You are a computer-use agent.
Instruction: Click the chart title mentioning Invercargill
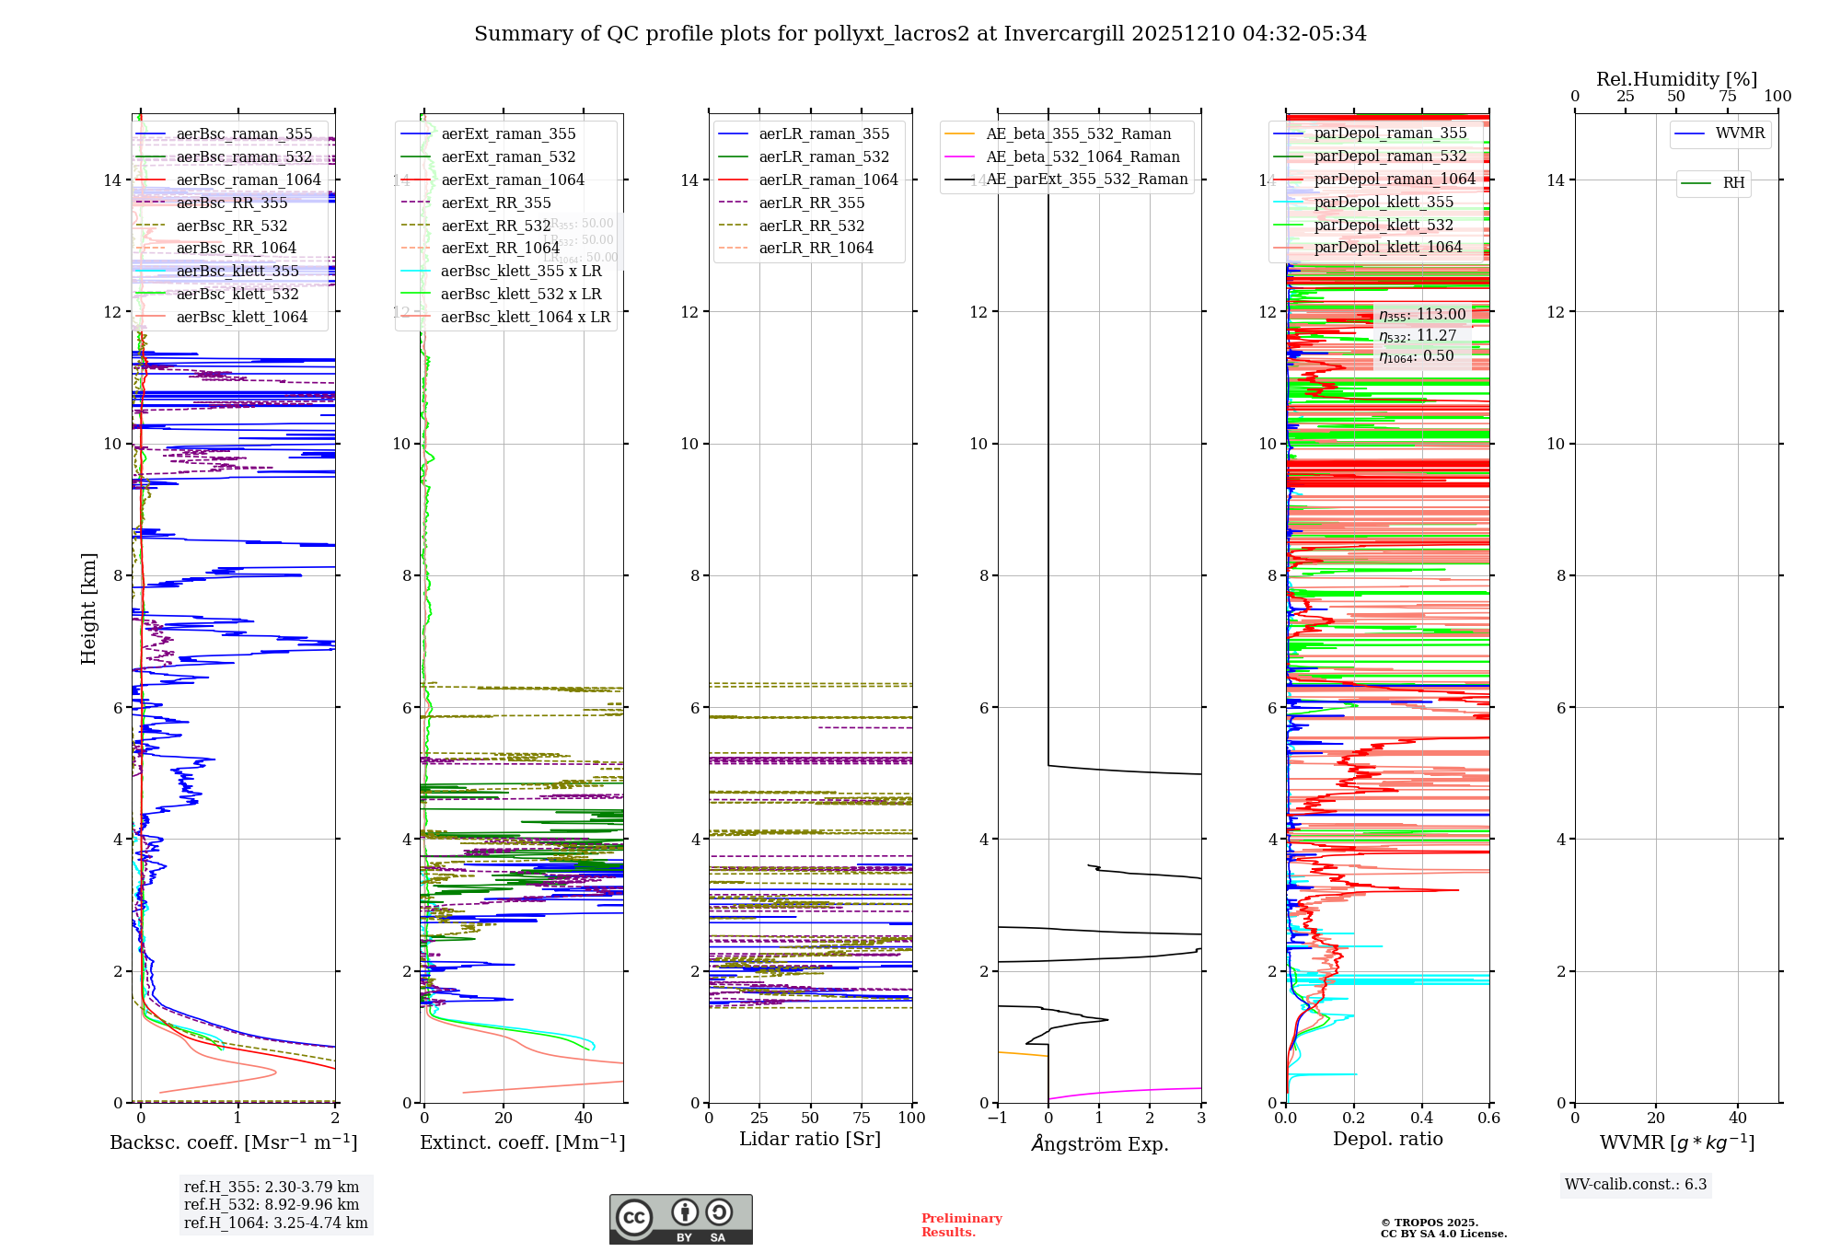click(x=920, y=34)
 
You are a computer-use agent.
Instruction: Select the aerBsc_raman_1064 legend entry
click(x=248, y=180)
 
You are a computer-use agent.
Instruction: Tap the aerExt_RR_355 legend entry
click(x=495, y=203)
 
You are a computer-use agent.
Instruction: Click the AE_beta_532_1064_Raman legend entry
click(x=1082, y=157)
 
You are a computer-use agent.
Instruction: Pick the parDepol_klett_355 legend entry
click(x=1384, y=203)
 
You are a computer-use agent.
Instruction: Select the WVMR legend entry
click(x=1740, y=133)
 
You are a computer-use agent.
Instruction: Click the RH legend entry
click(x=1733, y=183)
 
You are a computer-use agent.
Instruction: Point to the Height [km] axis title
click(x=88, y=608)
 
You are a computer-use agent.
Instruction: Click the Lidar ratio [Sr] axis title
click(x=810, y=1139)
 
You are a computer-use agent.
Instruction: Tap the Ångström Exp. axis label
click(x=1099, y=1143)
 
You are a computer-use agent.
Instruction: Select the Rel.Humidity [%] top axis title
click(x=1676, y=79)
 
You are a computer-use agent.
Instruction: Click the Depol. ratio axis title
click(x=1387, y=1139)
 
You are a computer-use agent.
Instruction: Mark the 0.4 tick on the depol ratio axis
click(x=1421, y=1119)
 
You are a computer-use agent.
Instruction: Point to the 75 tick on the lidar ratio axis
click(x=862, y=1119)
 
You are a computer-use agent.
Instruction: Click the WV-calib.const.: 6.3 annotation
click(x=1635, y=1185)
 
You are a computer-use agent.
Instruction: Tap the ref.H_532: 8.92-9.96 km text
click(x=271, y=1205)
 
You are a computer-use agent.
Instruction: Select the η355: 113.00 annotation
click(x=1422, y=315)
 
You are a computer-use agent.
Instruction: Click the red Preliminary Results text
click(x=961, y=1225)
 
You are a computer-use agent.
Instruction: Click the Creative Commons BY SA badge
click(x=680, y=1219)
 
